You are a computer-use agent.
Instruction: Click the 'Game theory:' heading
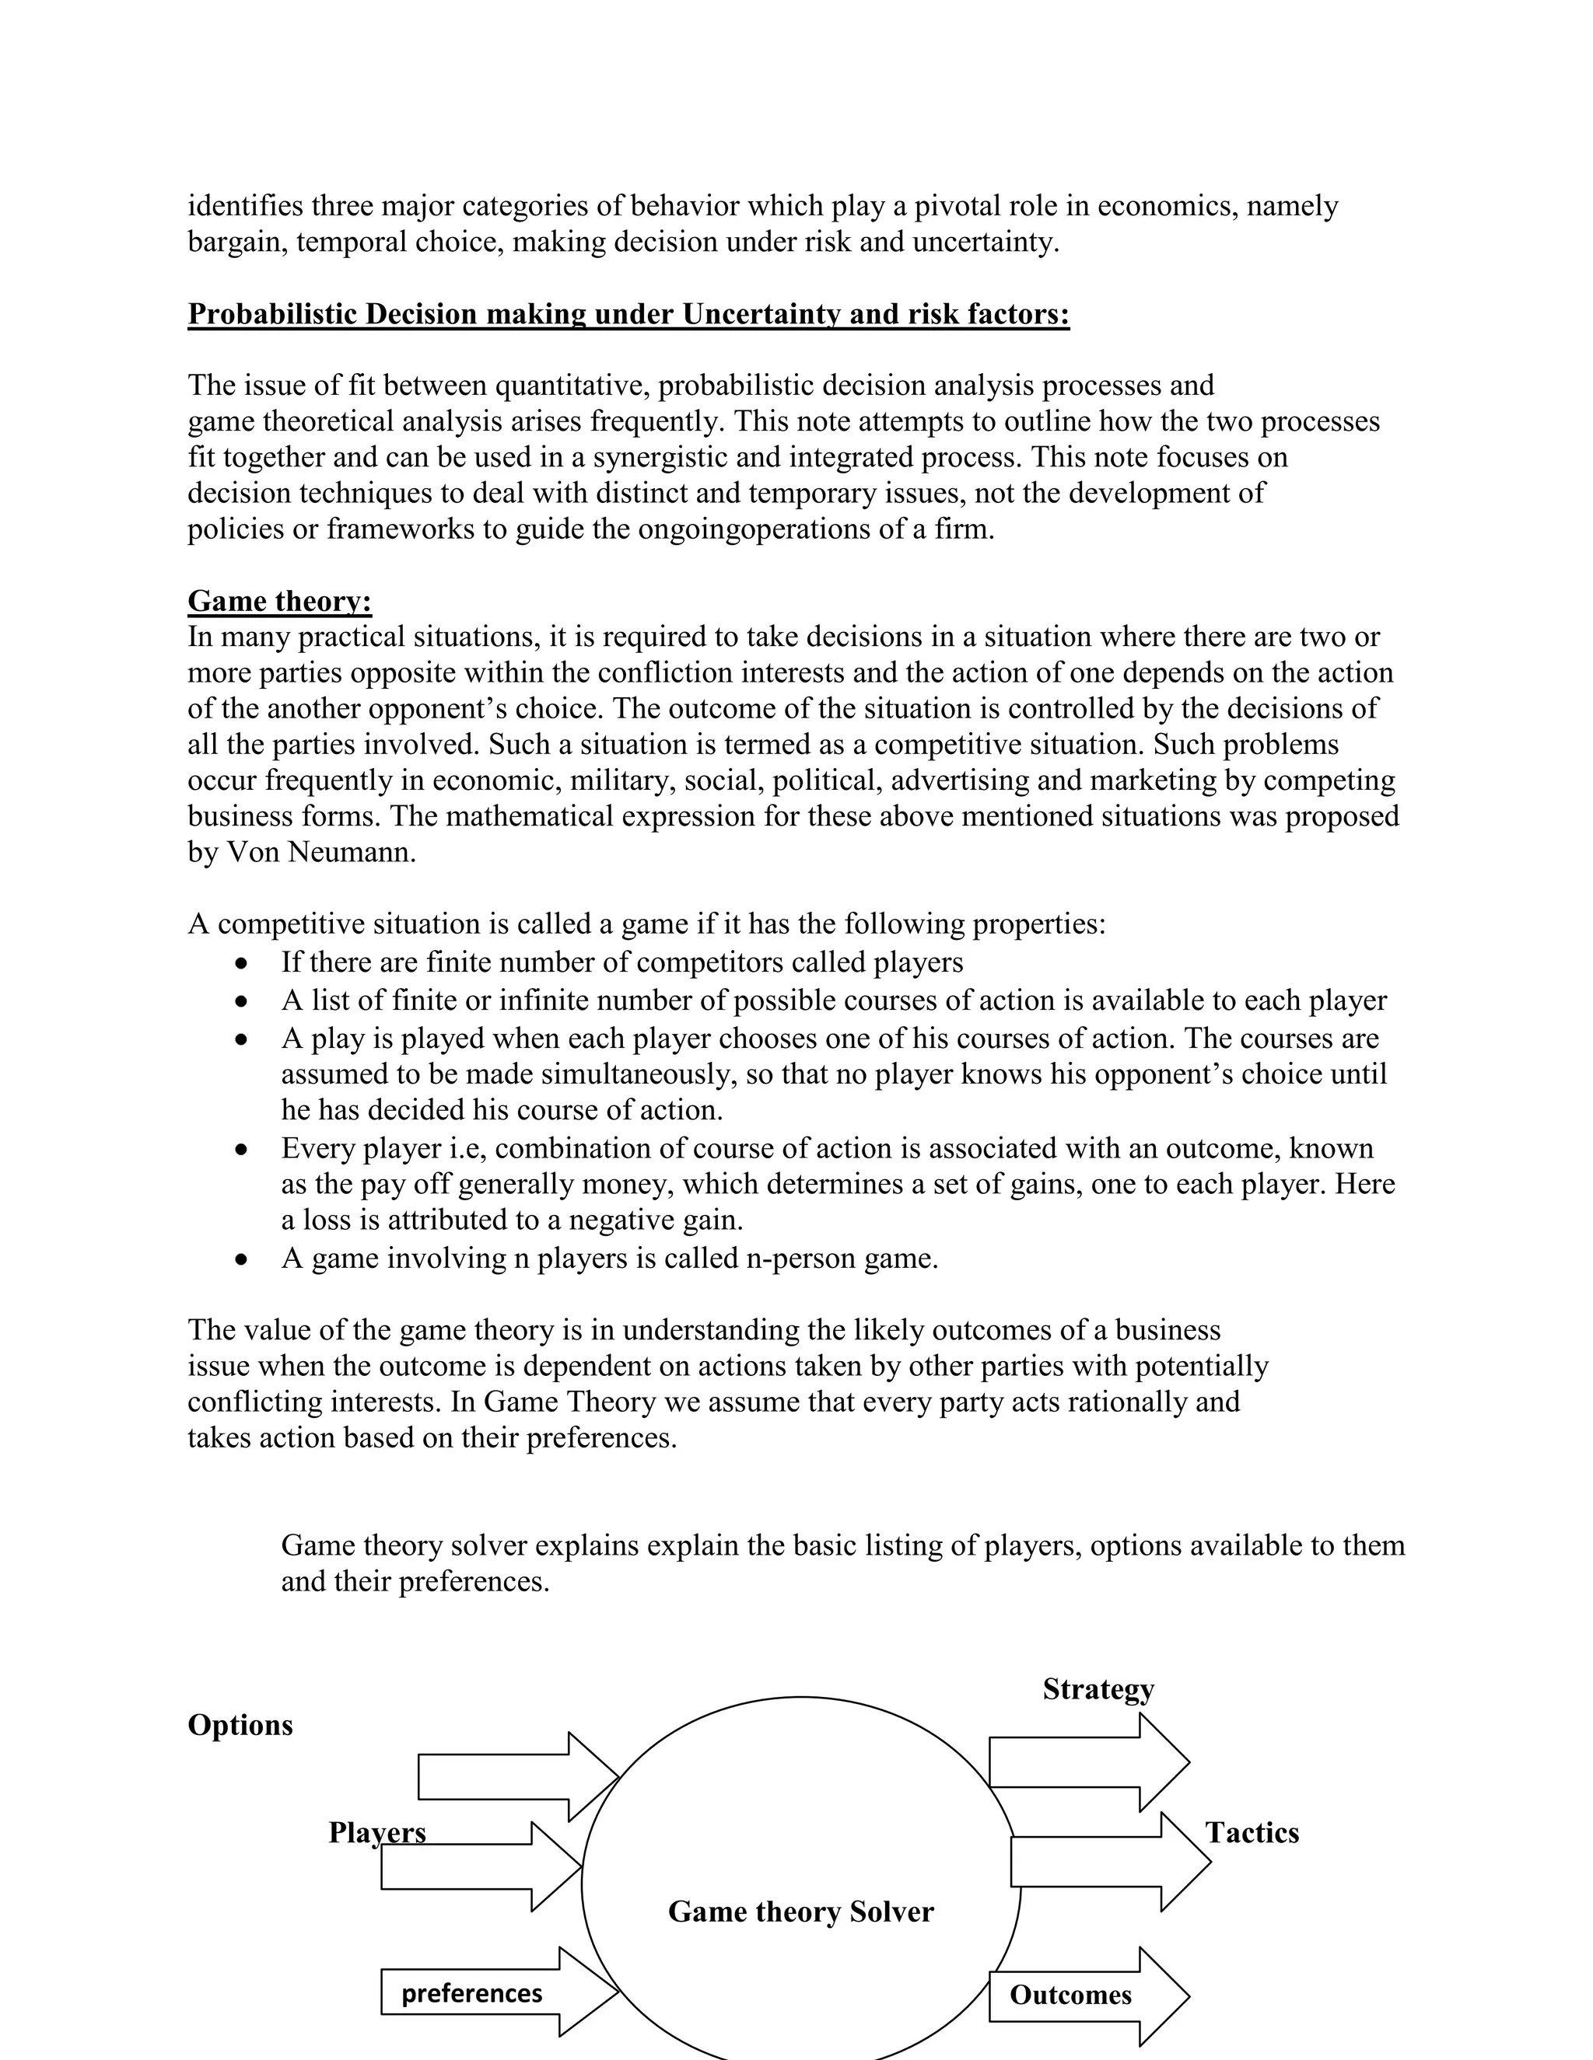click(x=279, y=601)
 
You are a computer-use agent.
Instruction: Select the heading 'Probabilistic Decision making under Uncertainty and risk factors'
click(x=628, y=314)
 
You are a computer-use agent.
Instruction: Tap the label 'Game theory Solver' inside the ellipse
click(x=800, y=1911)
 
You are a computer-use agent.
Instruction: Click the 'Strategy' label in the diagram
click(x=1098, y=1688)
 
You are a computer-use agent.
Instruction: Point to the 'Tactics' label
click(x=1252, y=1833)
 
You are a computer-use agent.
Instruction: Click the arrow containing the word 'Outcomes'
click(x=1085, y=1995)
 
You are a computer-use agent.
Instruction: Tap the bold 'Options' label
click(x=240, y=1725)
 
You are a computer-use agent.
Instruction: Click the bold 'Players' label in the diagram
click(x=376, y=1833)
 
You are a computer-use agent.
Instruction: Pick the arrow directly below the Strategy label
click(x=1085, y=1762)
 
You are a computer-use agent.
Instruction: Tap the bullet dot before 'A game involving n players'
click(x=243, y=1259)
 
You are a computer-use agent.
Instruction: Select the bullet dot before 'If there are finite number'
click(x=243, y=963)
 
